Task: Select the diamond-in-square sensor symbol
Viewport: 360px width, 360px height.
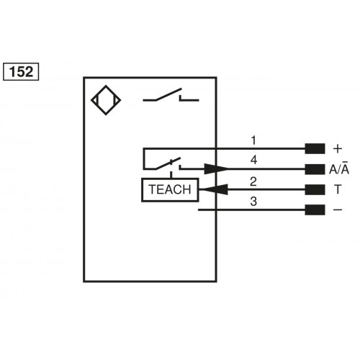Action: (x=105, y=102)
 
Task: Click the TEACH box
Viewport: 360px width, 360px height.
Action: (x=169, y=190)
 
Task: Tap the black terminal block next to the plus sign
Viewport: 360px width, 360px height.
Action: (x=314, y=149)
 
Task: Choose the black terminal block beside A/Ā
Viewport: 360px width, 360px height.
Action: (x=314, y=170)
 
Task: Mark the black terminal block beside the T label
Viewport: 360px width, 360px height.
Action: (x=314, y=190)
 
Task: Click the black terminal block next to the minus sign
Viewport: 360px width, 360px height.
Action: (x=314, y=210)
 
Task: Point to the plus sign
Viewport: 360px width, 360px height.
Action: (x=338, y=149)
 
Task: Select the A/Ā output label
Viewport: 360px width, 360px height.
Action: (x=339, y=169)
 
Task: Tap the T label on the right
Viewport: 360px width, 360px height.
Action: (x=338, y=190)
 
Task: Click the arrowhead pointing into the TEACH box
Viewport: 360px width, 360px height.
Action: (x=209, y=190)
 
